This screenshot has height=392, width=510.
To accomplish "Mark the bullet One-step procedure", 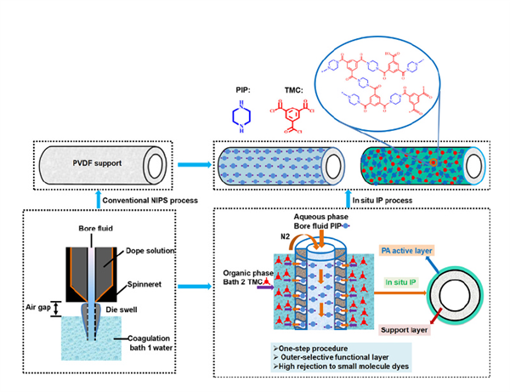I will (x=299, y=347).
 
